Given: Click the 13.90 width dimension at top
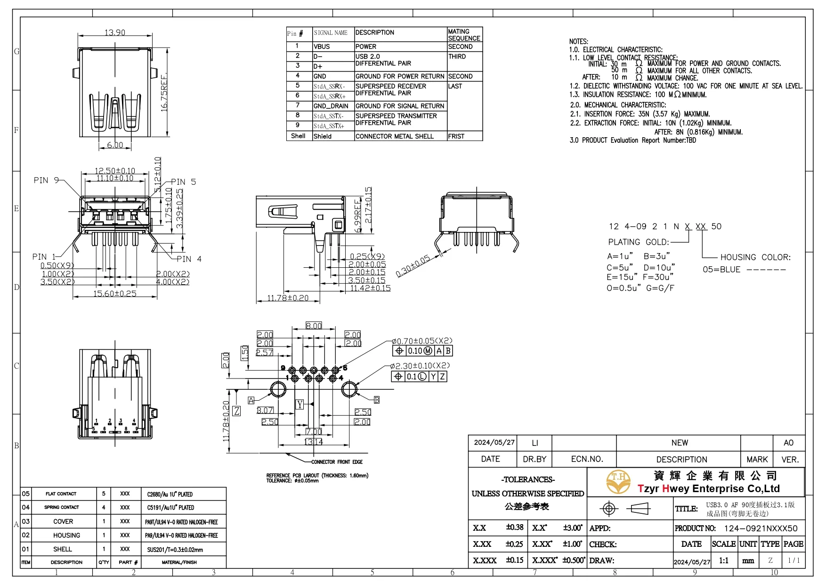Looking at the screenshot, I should click(x=115, y=33).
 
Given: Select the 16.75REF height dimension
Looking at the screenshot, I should click(x=164, y=92).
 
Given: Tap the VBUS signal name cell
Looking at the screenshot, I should click(x=322, y=47).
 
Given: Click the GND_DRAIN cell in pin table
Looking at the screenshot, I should click(x=331, y=106).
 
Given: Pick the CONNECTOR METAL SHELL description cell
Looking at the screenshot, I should click(x=395, y=136).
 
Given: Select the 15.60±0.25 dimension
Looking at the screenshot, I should click(x=115, y=294).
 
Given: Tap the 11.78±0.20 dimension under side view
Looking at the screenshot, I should click(x=288, y=298).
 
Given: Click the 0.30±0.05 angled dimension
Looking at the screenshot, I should click(x=413, y=266).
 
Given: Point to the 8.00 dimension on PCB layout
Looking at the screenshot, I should click(x=314, y=326).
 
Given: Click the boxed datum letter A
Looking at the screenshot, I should click(x=251, y=400).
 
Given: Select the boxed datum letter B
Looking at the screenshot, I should click(x=377, y=400).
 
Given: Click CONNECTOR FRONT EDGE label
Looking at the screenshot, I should click(x=337, y=462).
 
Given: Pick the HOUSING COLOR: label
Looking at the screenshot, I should click(x=755, y=257).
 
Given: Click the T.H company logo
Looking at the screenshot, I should click(x=618, y=481).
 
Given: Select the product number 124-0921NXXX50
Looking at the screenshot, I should click(x=761, y=528).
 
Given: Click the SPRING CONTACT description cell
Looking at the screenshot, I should click(x=62, y=507).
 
